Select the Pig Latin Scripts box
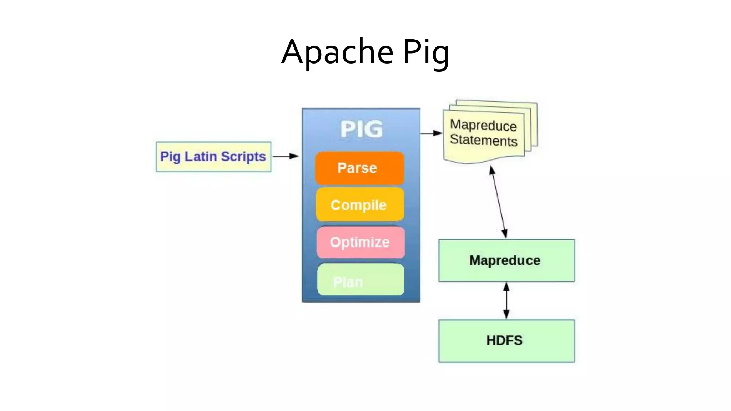(x=213, y=157)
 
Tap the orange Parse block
(x=359, y=168)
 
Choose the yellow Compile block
(x=359, y=205)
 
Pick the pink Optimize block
(x=360, y=242)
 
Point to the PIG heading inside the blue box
(x=361, y=129)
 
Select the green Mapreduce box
(x=506, y=260)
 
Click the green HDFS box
(x=506, y=341)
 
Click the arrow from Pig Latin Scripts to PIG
(x=285, y=156)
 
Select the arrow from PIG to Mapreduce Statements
(x=431, y=133)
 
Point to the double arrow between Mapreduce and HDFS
(x=506, y=300)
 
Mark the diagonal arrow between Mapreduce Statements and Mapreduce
(x=499, y=202)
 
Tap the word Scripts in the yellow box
(x=243, y=157)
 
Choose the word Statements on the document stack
(x=483, y=140)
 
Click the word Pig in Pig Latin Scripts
(x=170, y=157)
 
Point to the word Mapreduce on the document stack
(x=483, y=125)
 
